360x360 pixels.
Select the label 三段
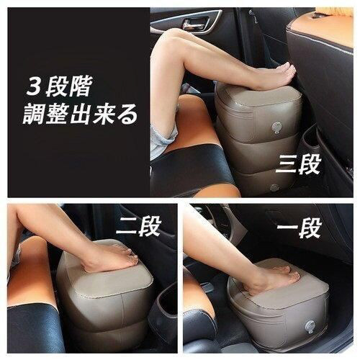click(x=298, y=164)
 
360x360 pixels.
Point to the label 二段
click(x=138, y=227)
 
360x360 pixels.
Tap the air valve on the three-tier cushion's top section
click(x=276, y=127)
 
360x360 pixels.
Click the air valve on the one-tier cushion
click(x=310, y=327)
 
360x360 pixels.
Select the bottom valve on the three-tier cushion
click(x=275, y=187)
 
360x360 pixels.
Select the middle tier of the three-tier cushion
click(x=259, y=153)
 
